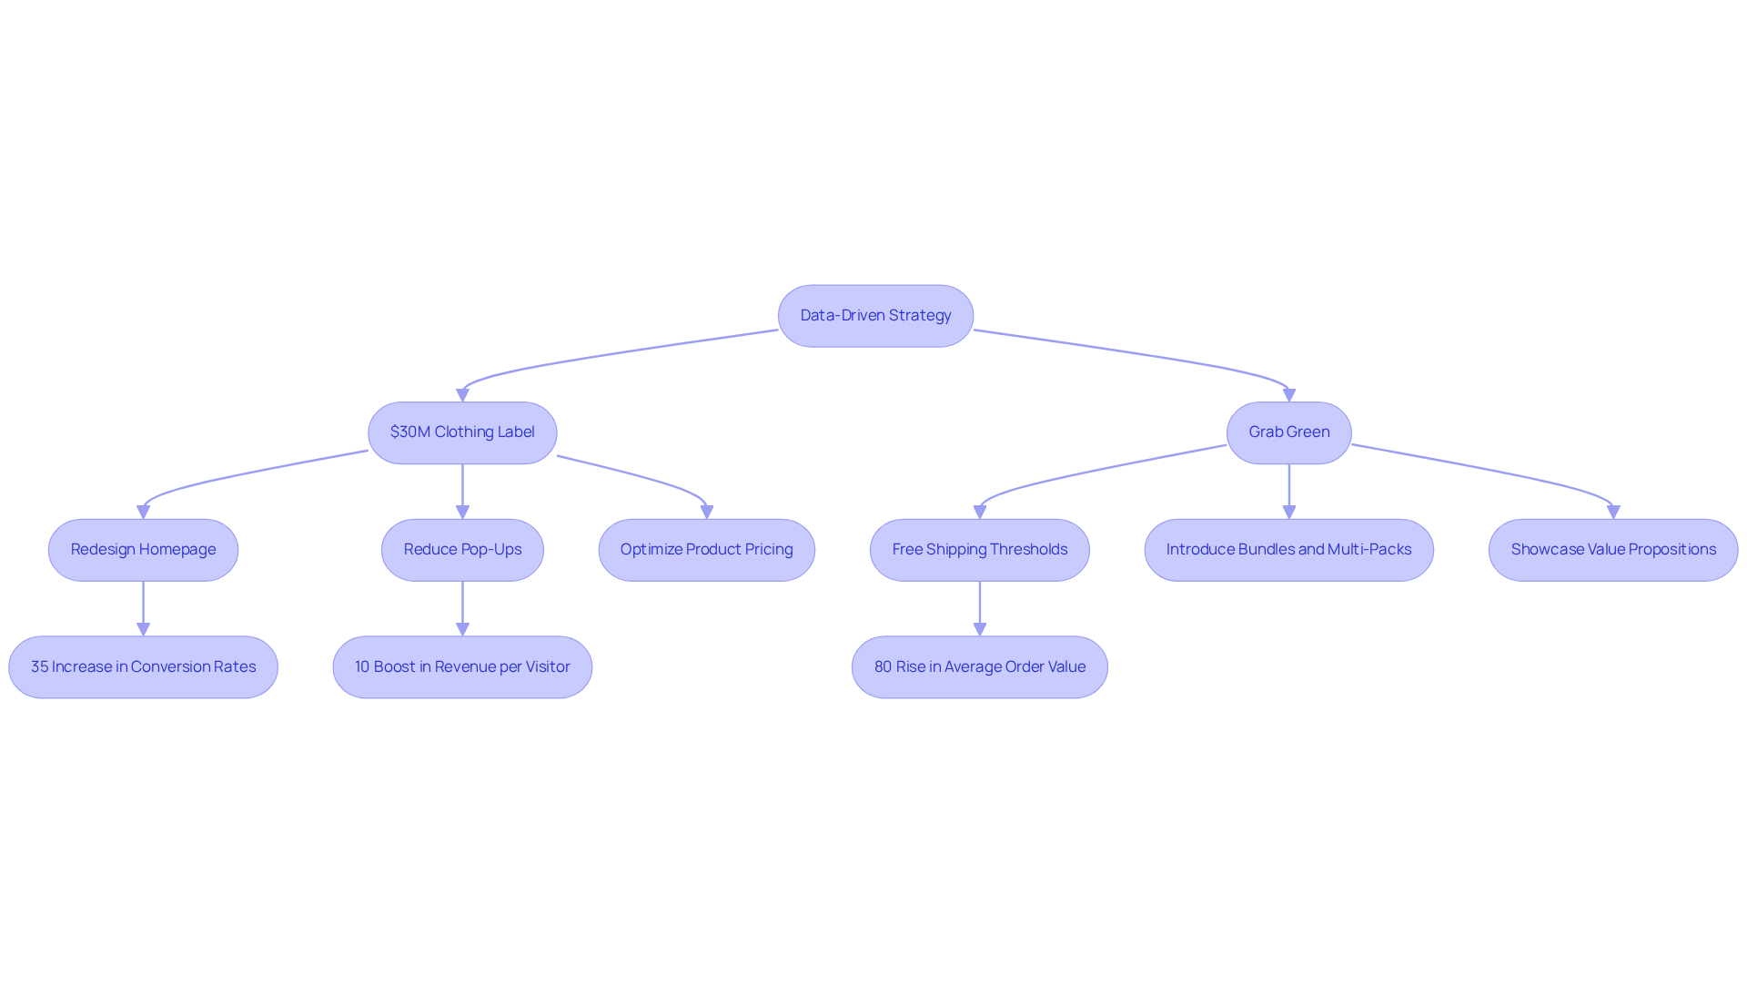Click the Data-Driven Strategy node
875,316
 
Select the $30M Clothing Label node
462,432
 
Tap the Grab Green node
1288,432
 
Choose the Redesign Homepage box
143,550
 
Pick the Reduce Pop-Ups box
462,550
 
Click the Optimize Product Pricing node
706,550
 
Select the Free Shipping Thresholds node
979,550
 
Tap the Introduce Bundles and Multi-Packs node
1288,550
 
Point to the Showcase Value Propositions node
1612,550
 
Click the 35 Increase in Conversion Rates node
143,667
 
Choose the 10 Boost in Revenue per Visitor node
462,667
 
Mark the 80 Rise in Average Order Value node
979,667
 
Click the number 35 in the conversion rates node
39,667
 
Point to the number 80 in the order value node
883,667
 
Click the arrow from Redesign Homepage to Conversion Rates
143,608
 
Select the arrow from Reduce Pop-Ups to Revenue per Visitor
462,608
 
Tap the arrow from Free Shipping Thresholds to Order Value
979,608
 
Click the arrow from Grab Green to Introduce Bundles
1288,492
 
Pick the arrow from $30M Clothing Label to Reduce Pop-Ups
462,492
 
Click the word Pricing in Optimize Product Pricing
769,550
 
